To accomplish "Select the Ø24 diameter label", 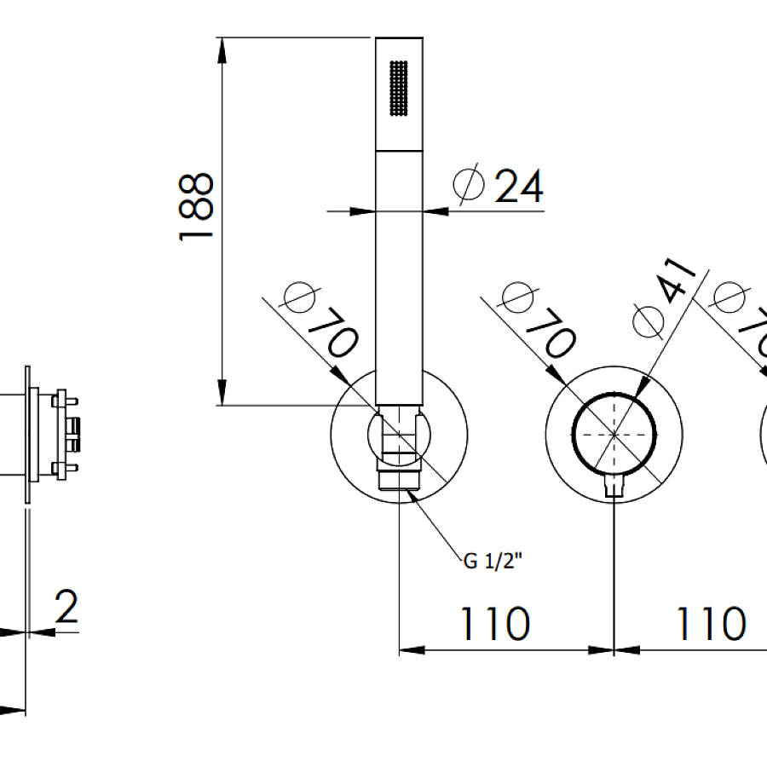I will click(499, 185).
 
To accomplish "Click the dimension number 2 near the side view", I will click(66, 606).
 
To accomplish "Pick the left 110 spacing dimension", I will click(495, 624).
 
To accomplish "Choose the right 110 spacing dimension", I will click(710, 624).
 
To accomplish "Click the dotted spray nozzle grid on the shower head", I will click(399, 87).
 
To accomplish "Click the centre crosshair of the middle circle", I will click(614, 433).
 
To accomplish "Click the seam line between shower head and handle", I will click(399, 152).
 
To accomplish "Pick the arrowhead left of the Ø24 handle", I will click(365, 210).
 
